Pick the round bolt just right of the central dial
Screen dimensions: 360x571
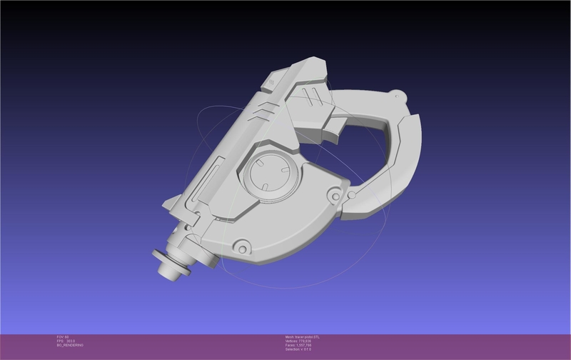coord(332,194)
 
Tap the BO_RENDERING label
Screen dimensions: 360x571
coord(70,345)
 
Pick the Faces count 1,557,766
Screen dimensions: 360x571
coord(301,345)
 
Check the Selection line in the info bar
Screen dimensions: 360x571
coord(300,349)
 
